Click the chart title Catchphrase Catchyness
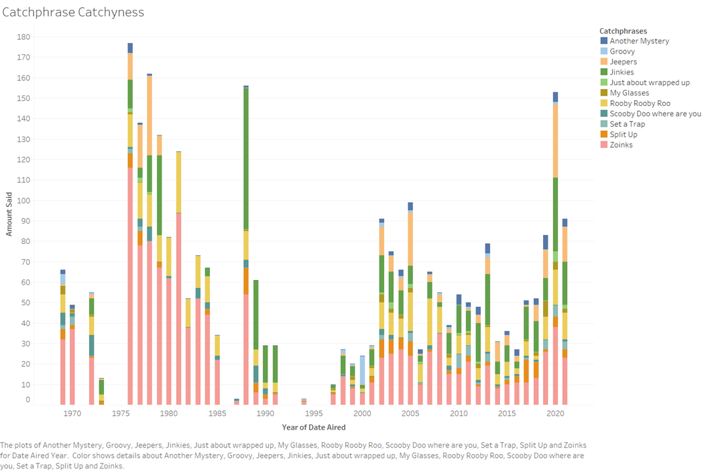pos(73,12)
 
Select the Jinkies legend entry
pos(621,72)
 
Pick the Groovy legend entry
pos(622,51)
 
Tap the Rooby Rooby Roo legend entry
pos(639,103)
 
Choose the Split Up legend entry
pos(624,134)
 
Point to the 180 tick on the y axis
pos(24,37)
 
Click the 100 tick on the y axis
pos(24,201)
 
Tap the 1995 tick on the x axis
pos(313,413)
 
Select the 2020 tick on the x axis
pos(555,413)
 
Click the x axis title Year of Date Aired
pos(313,427)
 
